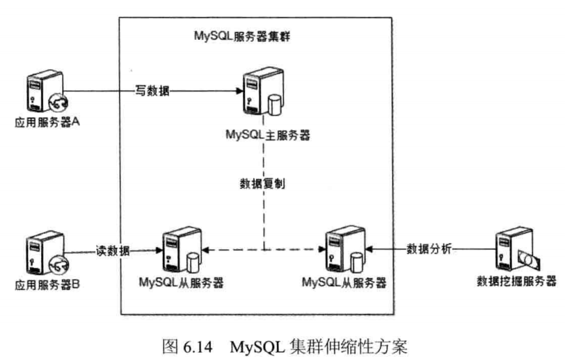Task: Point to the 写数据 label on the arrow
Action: pyautogui.click(x=152, y=92)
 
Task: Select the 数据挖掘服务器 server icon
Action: pyautogui.click(x=515, y=251)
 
